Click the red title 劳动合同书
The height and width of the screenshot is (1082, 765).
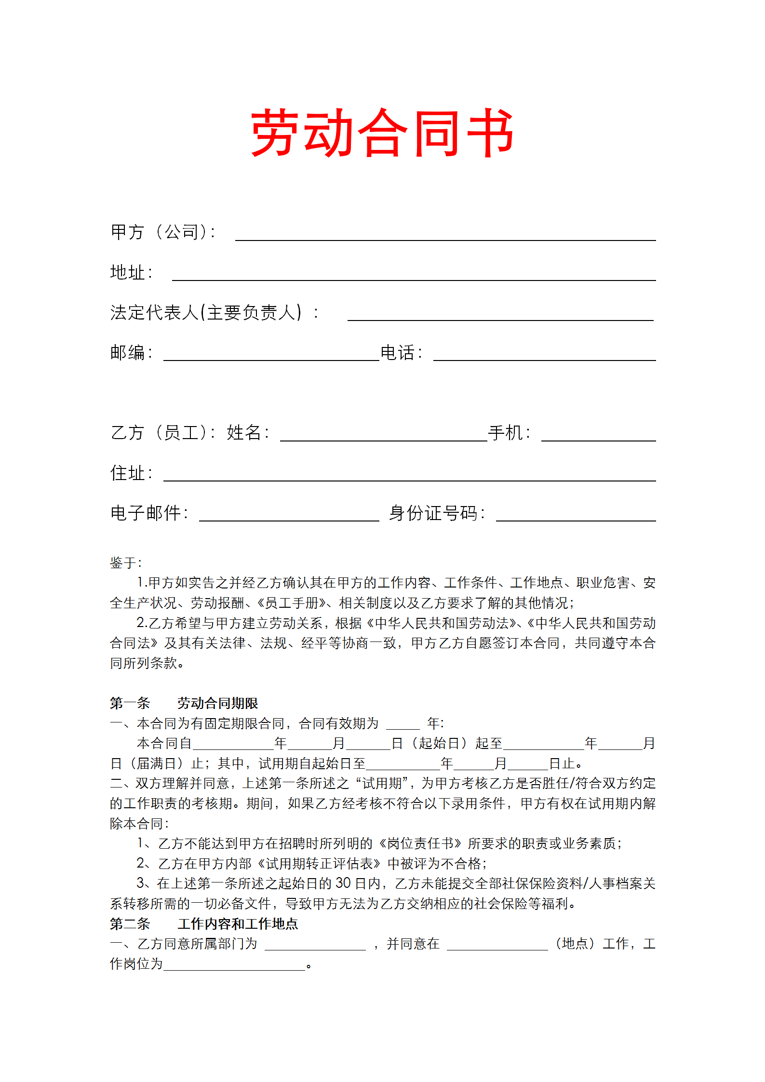point(382,133)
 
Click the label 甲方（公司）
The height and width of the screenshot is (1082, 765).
point(163,232)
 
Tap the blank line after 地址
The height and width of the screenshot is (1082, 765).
point(414,277)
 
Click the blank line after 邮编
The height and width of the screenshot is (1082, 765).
point(271,357)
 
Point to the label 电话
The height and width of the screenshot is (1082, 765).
point(398,353)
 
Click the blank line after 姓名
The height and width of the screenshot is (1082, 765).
point(383,437)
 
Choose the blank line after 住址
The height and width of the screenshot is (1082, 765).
point(409,477)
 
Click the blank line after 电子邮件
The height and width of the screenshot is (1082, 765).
point(289,517)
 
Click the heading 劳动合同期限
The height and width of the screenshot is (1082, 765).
point(217,703)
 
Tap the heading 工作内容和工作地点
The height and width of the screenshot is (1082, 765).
point(238,923)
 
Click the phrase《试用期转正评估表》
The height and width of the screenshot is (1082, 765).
point(319,864)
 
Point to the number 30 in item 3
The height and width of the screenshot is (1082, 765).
point(343,883)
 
